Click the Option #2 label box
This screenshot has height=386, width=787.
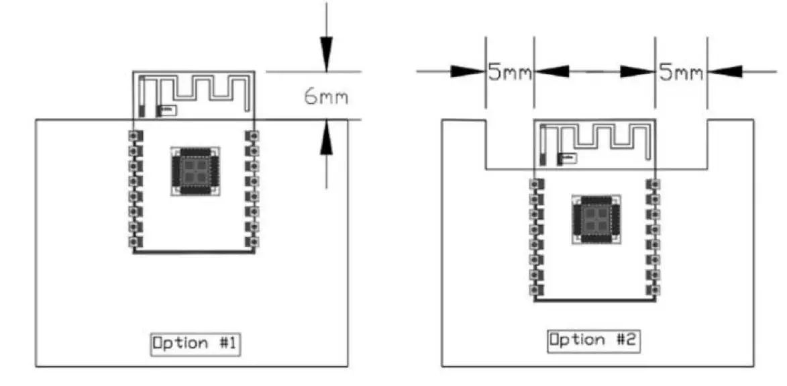[x=594, y=340]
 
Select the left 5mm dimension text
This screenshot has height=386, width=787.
[x=510, y=73]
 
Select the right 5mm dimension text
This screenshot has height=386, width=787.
[x=681, y=73]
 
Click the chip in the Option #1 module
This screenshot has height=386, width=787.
[x=193, y=171]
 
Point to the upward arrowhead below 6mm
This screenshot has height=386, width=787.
[x=326, y=138]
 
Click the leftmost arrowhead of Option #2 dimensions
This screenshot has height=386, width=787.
[x=467, y=70]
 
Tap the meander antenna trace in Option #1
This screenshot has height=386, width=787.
[x=201, y=89]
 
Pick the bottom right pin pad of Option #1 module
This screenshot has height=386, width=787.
[x=253, y=242]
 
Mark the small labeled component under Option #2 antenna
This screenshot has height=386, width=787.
[x=568, y=158]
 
